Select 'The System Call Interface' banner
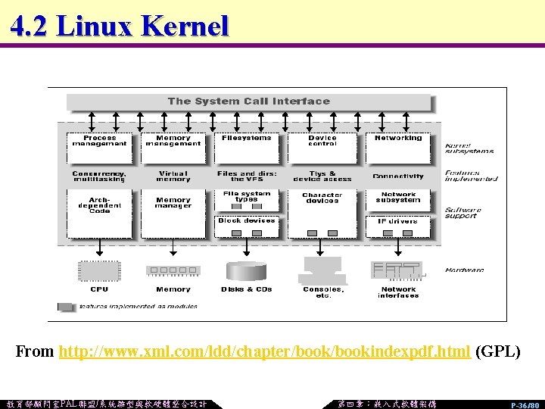[x=249, y=101]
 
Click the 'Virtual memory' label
[x=173, y=176]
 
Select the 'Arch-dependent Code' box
[x=100, y=205]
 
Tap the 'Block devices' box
[x=247, y=220]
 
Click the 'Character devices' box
[x=322, y=198]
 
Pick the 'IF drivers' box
[x=398, y=221]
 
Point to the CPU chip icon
[x=99, y=270]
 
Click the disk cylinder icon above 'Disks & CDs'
[x=247, y=270]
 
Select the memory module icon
[x=173, y=270]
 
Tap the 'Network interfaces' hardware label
[x=398, y=292]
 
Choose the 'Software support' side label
[x=462, y=213]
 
